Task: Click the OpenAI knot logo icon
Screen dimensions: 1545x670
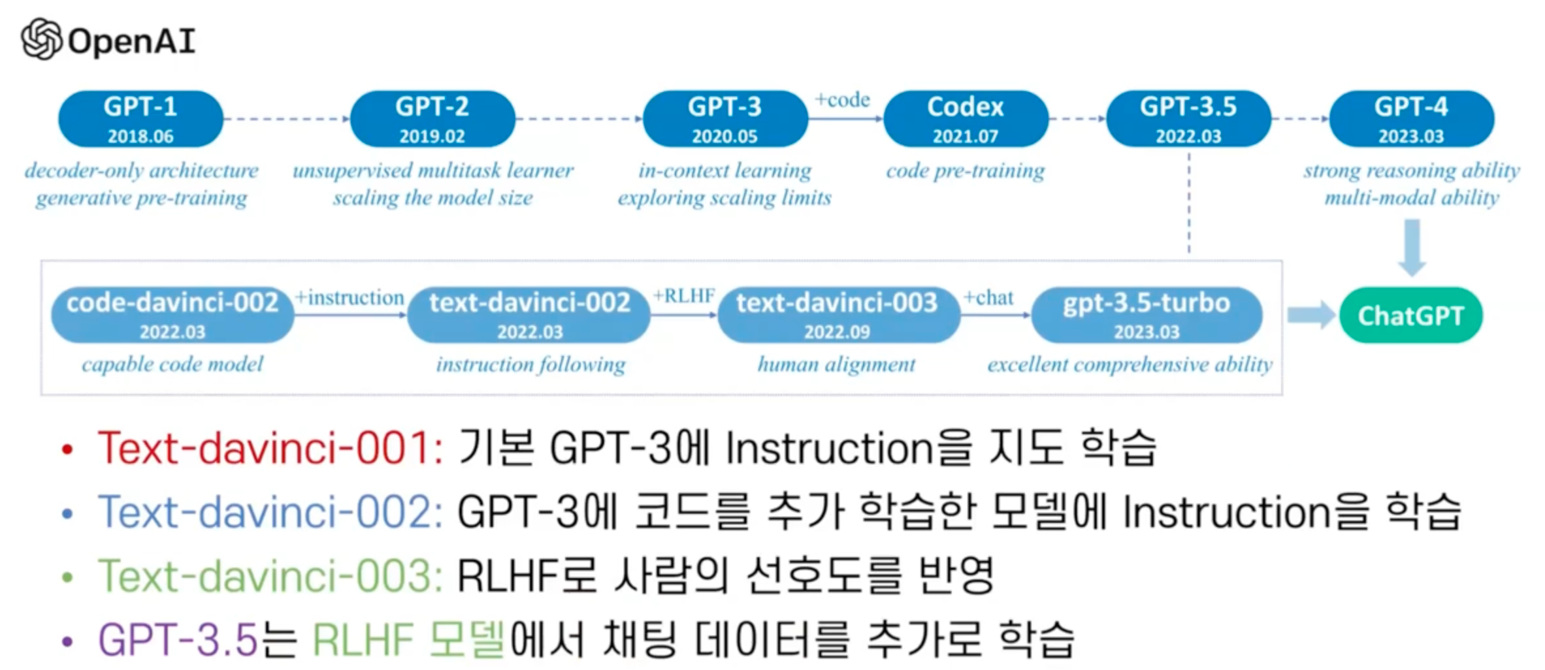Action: [x=41, y=39]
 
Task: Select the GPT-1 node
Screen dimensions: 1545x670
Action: [x=140, y=119]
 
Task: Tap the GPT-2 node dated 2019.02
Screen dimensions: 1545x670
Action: [x=432, y=119]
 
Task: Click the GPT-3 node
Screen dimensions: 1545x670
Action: [x=724, y=119]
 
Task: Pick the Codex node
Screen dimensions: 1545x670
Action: [x=965, y=119]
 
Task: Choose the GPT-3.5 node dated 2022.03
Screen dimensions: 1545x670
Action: [x=1188, y=119]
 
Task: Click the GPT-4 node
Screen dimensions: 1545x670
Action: [x=1411, y=119]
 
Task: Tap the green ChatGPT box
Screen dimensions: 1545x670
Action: [x=1410, y=315]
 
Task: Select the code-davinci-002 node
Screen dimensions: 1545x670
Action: [x=172, y=315]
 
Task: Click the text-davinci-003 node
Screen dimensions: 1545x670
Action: [x=838, y=315]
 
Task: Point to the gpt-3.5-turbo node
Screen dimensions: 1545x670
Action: [x=1147, y=315]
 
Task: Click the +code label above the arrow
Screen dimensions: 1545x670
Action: [x=842, y=100]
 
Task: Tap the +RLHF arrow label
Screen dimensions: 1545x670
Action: [x=684, y=296]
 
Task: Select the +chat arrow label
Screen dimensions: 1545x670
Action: [x=989, y=298]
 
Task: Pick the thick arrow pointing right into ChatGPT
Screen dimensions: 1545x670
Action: [x=1310, y=315]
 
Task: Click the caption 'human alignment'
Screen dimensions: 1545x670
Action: [x=836, y=364]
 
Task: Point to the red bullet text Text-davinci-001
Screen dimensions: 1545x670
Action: [x=270, y=449]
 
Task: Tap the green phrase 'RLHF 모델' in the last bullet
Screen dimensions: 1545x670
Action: [x=409, y=639]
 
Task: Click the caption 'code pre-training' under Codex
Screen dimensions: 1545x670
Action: [x=965, y=171]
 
